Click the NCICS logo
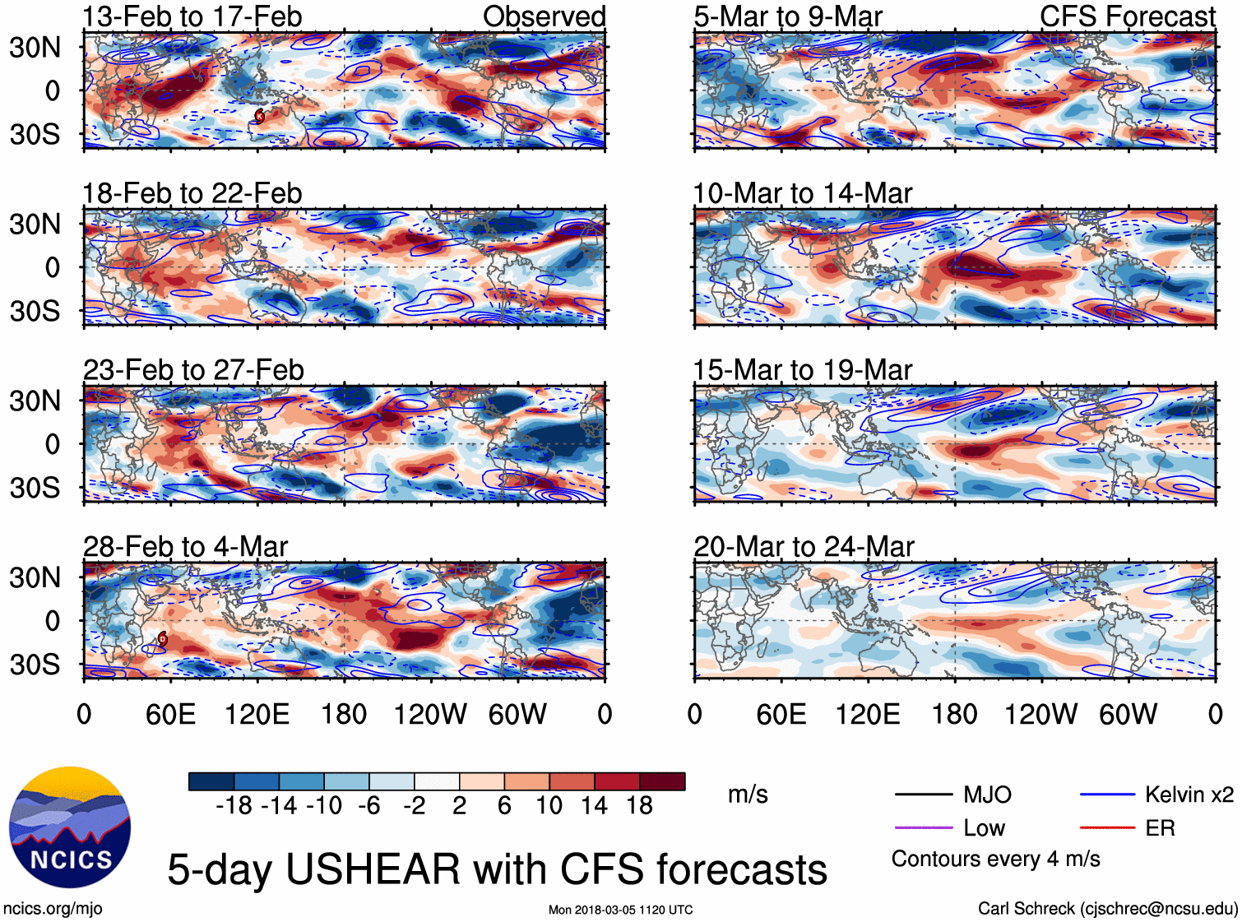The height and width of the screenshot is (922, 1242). click(70, 827)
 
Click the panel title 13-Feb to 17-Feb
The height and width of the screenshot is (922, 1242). click(192, 16)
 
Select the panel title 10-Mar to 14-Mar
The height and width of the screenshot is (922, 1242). click(802, 193)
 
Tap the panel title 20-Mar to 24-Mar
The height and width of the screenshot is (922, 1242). click(804, 547)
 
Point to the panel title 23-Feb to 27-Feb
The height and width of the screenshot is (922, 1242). click(193, 370)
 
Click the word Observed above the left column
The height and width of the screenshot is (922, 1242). click(544, 16)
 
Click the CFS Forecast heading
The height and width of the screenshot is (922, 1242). click(1127, 16)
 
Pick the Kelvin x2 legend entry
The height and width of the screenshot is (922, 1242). click(1189, 795)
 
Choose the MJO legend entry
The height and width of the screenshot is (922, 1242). click(987, 795)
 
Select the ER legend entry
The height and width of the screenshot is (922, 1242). click(1160, 828)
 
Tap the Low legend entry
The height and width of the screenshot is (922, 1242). click(984, 828)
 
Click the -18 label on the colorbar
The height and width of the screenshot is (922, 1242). click(234, 805)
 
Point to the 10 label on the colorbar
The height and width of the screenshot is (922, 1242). click(549, 805)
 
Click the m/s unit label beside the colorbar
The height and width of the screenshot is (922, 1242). click(748, 795)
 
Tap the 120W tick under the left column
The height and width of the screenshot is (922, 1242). click(430, 714)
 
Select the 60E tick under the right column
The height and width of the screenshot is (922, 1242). click(781, 714)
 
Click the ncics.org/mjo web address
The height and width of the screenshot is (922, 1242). click(53, 908)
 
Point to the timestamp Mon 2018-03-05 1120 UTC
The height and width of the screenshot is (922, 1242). click(620, 910)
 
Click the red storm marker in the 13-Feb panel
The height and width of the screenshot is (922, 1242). click(260, 116)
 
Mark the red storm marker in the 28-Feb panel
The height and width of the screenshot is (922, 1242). click(163, 638)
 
